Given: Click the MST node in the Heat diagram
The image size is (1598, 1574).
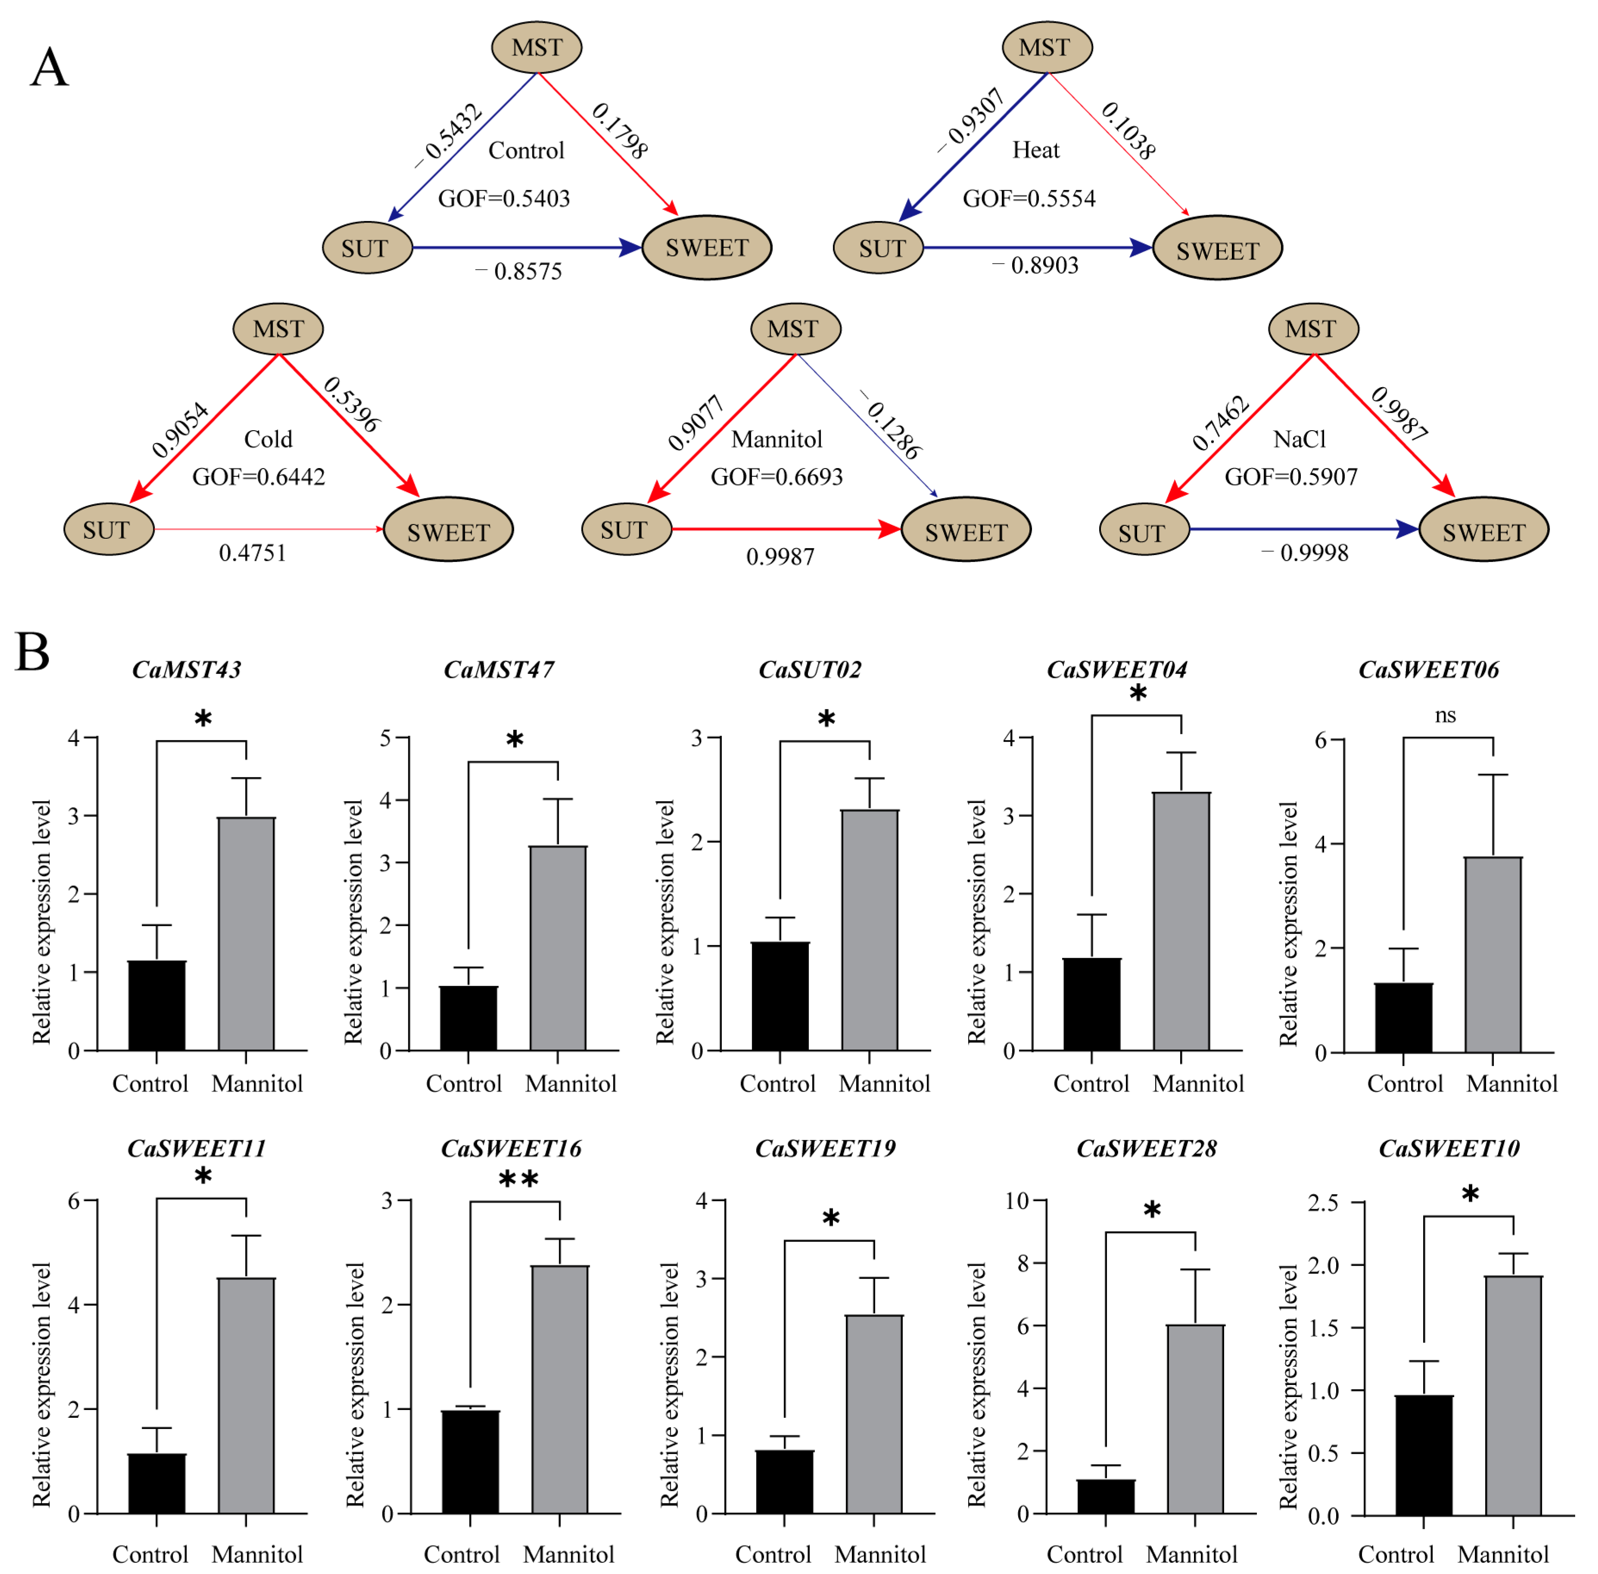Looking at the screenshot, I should tap(1046, 47).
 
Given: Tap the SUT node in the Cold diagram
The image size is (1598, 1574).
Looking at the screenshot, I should tap(108, 529).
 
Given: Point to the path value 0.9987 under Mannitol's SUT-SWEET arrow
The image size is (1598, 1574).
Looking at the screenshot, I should tap(780, 556).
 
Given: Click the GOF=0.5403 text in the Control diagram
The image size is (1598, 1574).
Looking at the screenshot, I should tap(504, 199).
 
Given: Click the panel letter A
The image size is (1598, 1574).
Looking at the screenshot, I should tap(49, 67).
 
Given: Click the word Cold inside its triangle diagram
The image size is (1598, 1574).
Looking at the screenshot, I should tap(268, 439).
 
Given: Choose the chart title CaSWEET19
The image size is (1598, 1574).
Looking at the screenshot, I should tap(825, 1148).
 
